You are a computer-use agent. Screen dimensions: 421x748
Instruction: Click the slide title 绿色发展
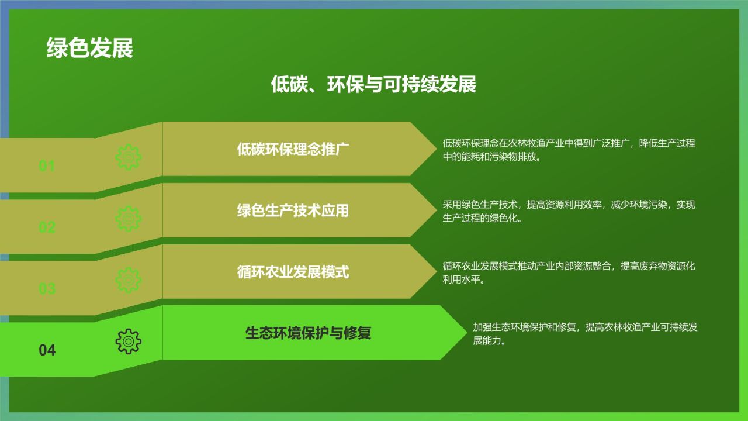[90, 49]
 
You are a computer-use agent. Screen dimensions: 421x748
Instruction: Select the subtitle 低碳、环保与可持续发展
[373, 84]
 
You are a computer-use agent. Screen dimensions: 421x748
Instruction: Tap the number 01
[47, 166]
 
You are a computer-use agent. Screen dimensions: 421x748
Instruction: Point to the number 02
[47, 227]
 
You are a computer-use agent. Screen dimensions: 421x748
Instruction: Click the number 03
[47, 289]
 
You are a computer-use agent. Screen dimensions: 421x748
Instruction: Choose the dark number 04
[47, 350]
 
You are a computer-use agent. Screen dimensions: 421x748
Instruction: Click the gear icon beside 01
[129, 157]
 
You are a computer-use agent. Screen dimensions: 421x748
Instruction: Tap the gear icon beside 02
[129, 219]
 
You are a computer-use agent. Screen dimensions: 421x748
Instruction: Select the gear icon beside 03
[129, 280]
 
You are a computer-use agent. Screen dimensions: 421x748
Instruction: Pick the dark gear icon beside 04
[129, 341]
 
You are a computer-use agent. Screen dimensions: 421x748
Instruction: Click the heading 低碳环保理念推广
[293, 149]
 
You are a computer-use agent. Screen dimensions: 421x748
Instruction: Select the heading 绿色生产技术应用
[293, 210]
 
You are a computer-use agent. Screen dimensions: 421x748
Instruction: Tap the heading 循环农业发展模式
[293, 272]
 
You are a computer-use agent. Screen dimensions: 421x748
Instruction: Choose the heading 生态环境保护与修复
[308, 333]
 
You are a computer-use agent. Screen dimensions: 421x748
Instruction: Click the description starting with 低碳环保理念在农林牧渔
[569, 150]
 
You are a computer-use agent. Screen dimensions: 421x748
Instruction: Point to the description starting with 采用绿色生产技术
[569, 211]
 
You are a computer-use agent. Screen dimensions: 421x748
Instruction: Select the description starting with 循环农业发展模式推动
[569, 272]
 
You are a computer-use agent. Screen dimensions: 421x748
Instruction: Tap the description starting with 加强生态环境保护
[585, 334]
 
